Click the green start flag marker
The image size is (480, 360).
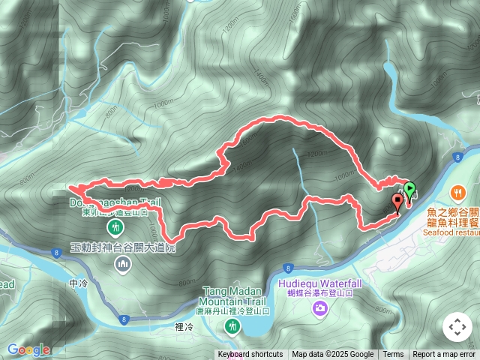pyautogui.click(x=409, y=187)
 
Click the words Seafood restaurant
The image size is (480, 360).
pyautogui.click(x=452, y=232)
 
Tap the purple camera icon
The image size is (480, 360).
pyautogui.click(x=320, y=308)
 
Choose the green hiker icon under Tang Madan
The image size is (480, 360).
pyautogui.click(x=233, y=326)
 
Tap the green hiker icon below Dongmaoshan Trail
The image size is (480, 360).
pyautogui.click(x=115, y=226)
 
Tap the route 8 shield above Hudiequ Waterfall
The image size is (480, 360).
pyautogui.click(x=288, y=268)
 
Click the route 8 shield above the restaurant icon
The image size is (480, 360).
pyautogui.click(x=457, y=156)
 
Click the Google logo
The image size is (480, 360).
pyautogui.click(x=28, y=349)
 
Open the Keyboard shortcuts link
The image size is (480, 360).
pyautogui.click(x=250, y=355)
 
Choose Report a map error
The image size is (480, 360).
pyautogui.click(x=444, y=355)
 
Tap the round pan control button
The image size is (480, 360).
pyautogui.click(x=457, y=327)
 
